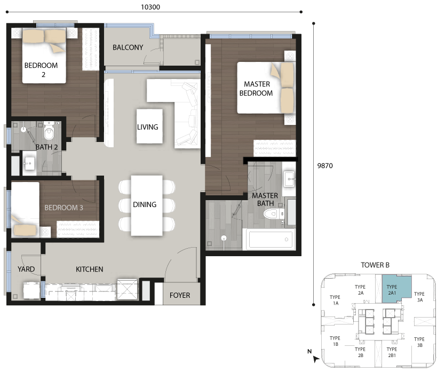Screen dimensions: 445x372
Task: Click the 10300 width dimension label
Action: (x=150, y=7)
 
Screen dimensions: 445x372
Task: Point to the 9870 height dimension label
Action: (x=325, y=166)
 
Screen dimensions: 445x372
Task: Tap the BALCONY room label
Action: (x=128, y=48)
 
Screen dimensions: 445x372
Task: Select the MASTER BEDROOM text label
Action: (x=256, y=89)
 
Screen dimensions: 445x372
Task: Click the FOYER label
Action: (x=180, y=295)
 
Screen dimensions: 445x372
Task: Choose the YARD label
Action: (x=26, y=269)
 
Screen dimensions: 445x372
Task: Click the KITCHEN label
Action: (x=90, y=269)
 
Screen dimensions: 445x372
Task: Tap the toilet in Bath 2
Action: (x=49, y=131)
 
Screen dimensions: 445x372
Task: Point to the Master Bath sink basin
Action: (x=290, y=179)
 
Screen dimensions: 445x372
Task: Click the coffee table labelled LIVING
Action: (x=149, y=126)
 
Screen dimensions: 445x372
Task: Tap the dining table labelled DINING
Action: (x=147, y=205)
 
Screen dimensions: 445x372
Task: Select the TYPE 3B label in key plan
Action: (x=419, y=342)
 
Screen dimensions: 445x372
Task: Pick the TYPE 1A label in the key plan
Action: (x=335, y=300)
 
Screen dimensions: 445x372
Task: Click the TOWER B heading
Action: (x=375, y=265)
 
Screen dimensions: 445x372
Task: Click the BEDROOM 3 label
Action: (x=63, y=208)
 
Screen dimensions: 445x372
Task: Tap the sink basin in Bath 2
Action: (x=29, y=163)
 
